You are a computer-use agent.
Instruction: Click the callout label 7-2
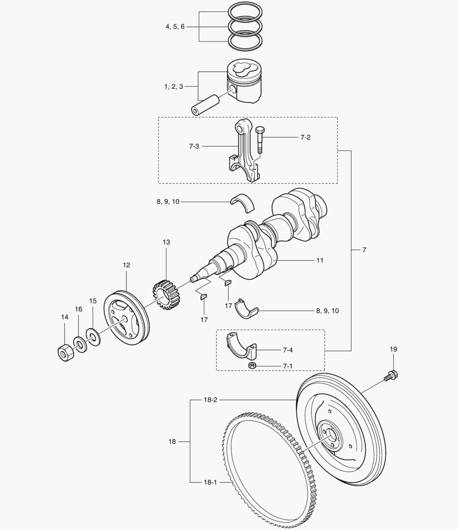click(x=305, y=137)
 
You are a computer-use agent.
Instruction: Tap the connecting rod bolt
click(x=260, y=140)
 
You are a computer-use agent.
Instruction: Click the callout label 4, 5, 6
click(x=175, y=27)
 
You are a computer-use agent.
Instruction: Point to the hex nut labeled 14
click(x=64, y=352)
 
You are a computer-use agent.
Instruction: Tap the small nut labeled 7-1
click(x=251, y=367)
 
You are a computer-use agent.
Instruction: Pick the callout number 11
click(x=320, y=260)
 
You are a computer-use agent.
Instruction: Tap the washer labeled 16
click(x=79, y=343)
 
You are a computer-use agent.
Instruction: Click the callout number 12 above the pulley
click(x=126, y=265)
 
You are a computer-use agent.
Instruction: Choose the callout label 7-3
click(x=194, y=146)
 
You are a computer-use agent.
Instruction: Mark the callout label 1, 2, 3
click(x=174, y=86)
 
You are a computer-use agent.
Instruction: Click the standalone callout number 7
click(x=364, y=250)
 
